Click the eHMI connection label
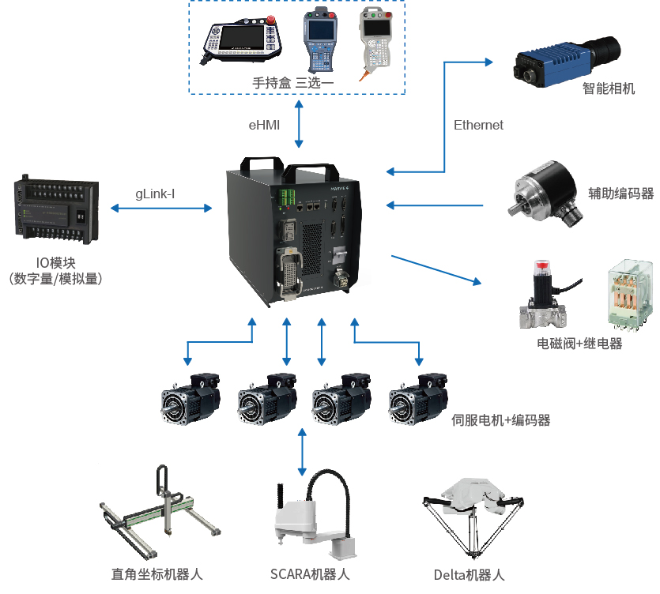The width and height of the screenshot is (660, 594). (264, 125)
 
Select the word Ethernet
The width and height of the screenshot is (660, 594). (478, 125)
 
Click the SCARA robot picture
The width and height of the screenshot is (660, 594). (311, 513)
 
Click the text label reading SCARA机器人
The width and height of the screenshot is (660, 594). (310, 574)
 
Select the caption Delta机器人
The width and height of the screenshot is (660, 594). (469, 575)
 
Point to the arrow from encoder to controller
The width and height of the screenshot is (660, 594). (435, 206)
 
